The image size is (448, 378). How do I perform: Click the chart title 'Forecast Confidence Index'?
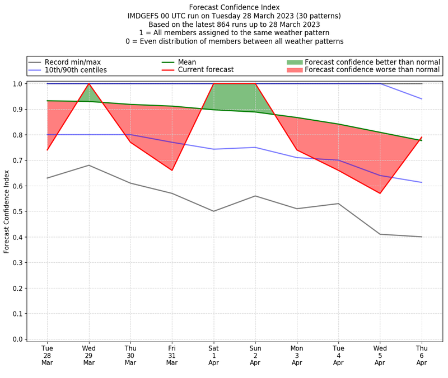pos(234,7)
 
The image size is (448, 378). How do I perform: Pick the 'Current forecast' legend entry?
pos(206,70)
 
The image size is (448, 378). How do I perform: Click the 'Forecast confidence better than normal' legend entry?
pos(372,62)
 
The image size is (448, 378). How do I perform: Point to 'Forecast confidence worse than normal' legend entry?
pos(372,70)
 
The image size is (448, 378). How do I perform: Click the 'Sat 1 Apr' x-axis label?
pos(213,355)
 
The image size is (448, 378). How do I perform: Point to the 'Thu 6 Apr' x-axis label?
pos(422,355)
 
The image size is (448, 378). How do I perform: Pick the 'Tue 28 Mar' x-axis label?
pos(47,355)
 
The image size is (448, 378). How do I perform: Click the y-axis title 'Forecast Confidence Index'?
pos(7,211)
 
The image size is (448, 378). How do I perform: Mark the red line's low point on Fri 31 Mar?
pos(172,170)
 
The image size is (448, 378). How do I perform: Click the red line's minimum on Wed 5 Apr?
pos(380,193)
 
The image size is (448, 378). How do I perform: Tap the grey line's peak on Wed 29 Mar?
pos(88,165)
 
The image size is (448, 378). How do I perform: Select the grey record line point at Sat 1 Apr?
pos(213,211)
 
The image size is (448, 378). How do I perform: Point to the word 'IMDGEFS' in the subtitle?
pos(145,16)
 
